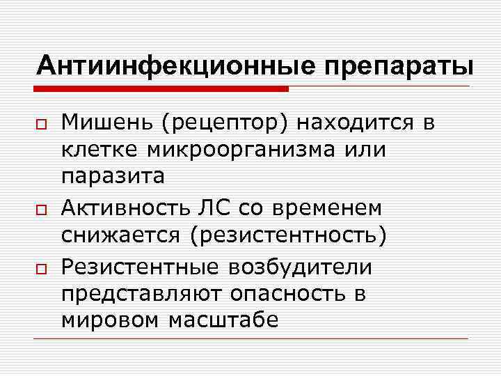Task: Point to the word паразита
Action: [113, 177]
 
